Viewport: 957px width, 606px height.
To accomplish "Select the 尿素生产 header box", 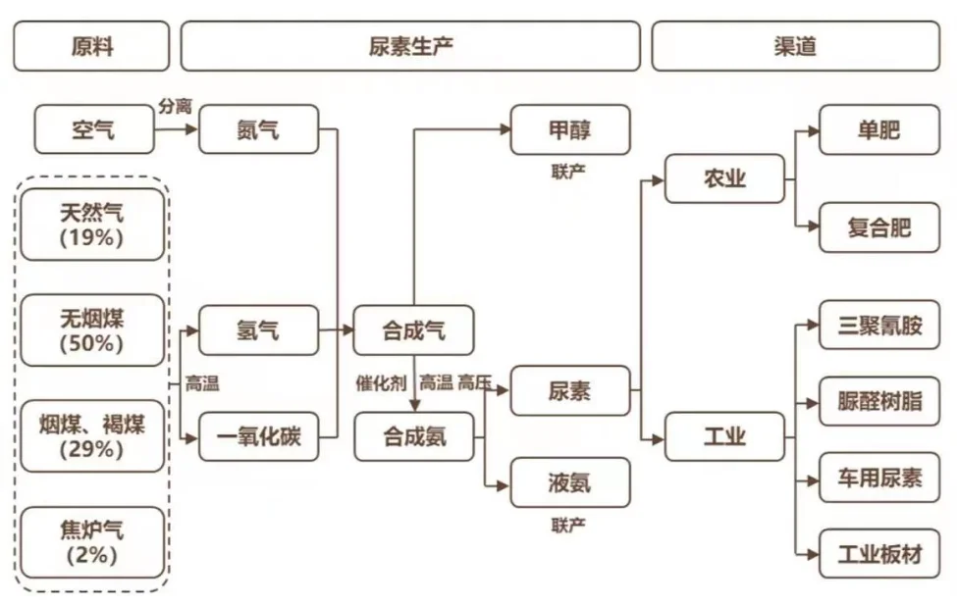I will [410, 46].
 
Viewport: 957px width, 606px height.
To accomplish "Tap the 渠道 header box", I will [795, 46].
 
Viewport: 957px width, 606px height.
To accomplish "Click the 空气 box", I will [94, 129].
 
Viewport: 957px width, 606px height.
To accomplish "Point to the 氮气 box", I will [259, 129].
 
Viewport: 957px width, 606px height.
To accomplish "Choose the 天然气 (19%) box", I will [92, 224].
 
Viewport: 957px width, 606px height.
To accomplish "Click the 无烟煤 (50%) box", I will [92, 330].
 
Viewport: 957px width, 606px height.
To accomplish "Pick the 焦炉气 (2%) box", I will [92, 542].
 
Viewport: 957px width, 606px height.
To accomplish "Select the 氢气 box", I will [259, 329].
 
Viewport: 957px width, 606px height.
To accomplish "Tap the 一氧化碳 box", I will [259, 436].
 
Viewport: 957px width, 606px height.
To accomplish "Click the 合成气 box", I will [413, 329].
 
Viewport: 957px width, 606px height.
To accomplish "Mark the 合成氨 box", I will [413, 436].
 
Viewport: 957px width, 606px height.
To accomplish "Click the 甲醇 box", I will [569, 129].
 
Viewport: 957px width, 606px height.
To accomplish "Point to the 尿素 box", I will [569, 391].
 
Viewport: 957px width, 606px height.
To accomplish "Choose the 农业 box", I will [724, 178].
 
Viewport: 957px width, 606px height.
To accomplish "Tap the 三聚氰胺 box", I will [879, 325].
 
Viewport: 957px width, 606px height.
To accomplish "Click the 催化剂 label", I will [381, 383].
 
